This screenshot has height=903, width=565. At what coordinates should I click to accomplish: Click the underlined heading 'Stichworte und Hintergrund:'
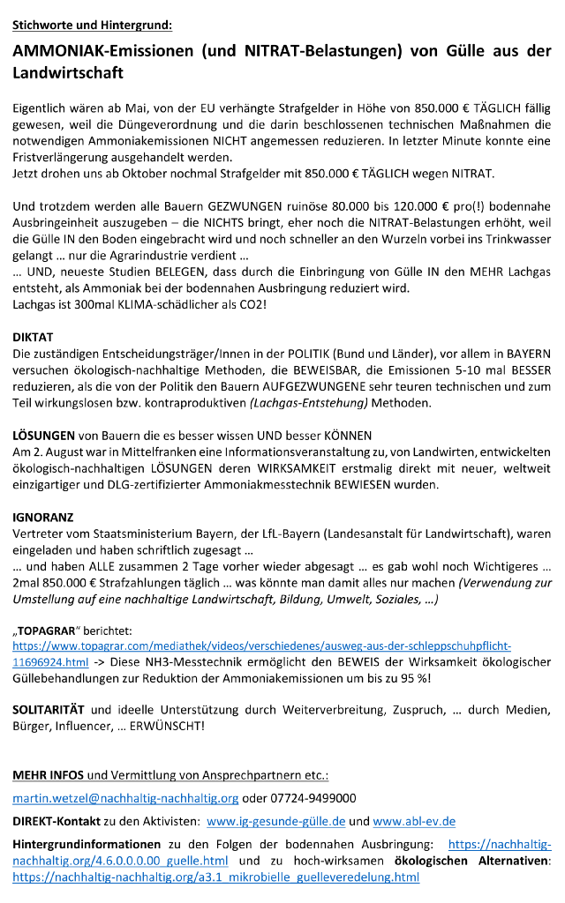93,26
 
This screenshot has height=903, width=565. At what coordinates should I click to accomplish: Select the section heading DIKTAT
34,337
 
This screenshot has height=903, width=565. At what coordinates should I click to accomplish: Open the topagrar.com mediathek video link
261,646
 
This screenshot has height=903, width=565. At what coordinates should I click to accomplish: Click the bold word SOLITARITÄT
49,709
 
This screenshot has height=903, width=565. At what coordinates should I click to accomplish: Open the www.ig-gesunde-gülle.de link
275,821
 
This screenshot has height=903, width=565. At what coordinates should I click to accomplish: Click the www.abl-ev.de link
414,821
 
